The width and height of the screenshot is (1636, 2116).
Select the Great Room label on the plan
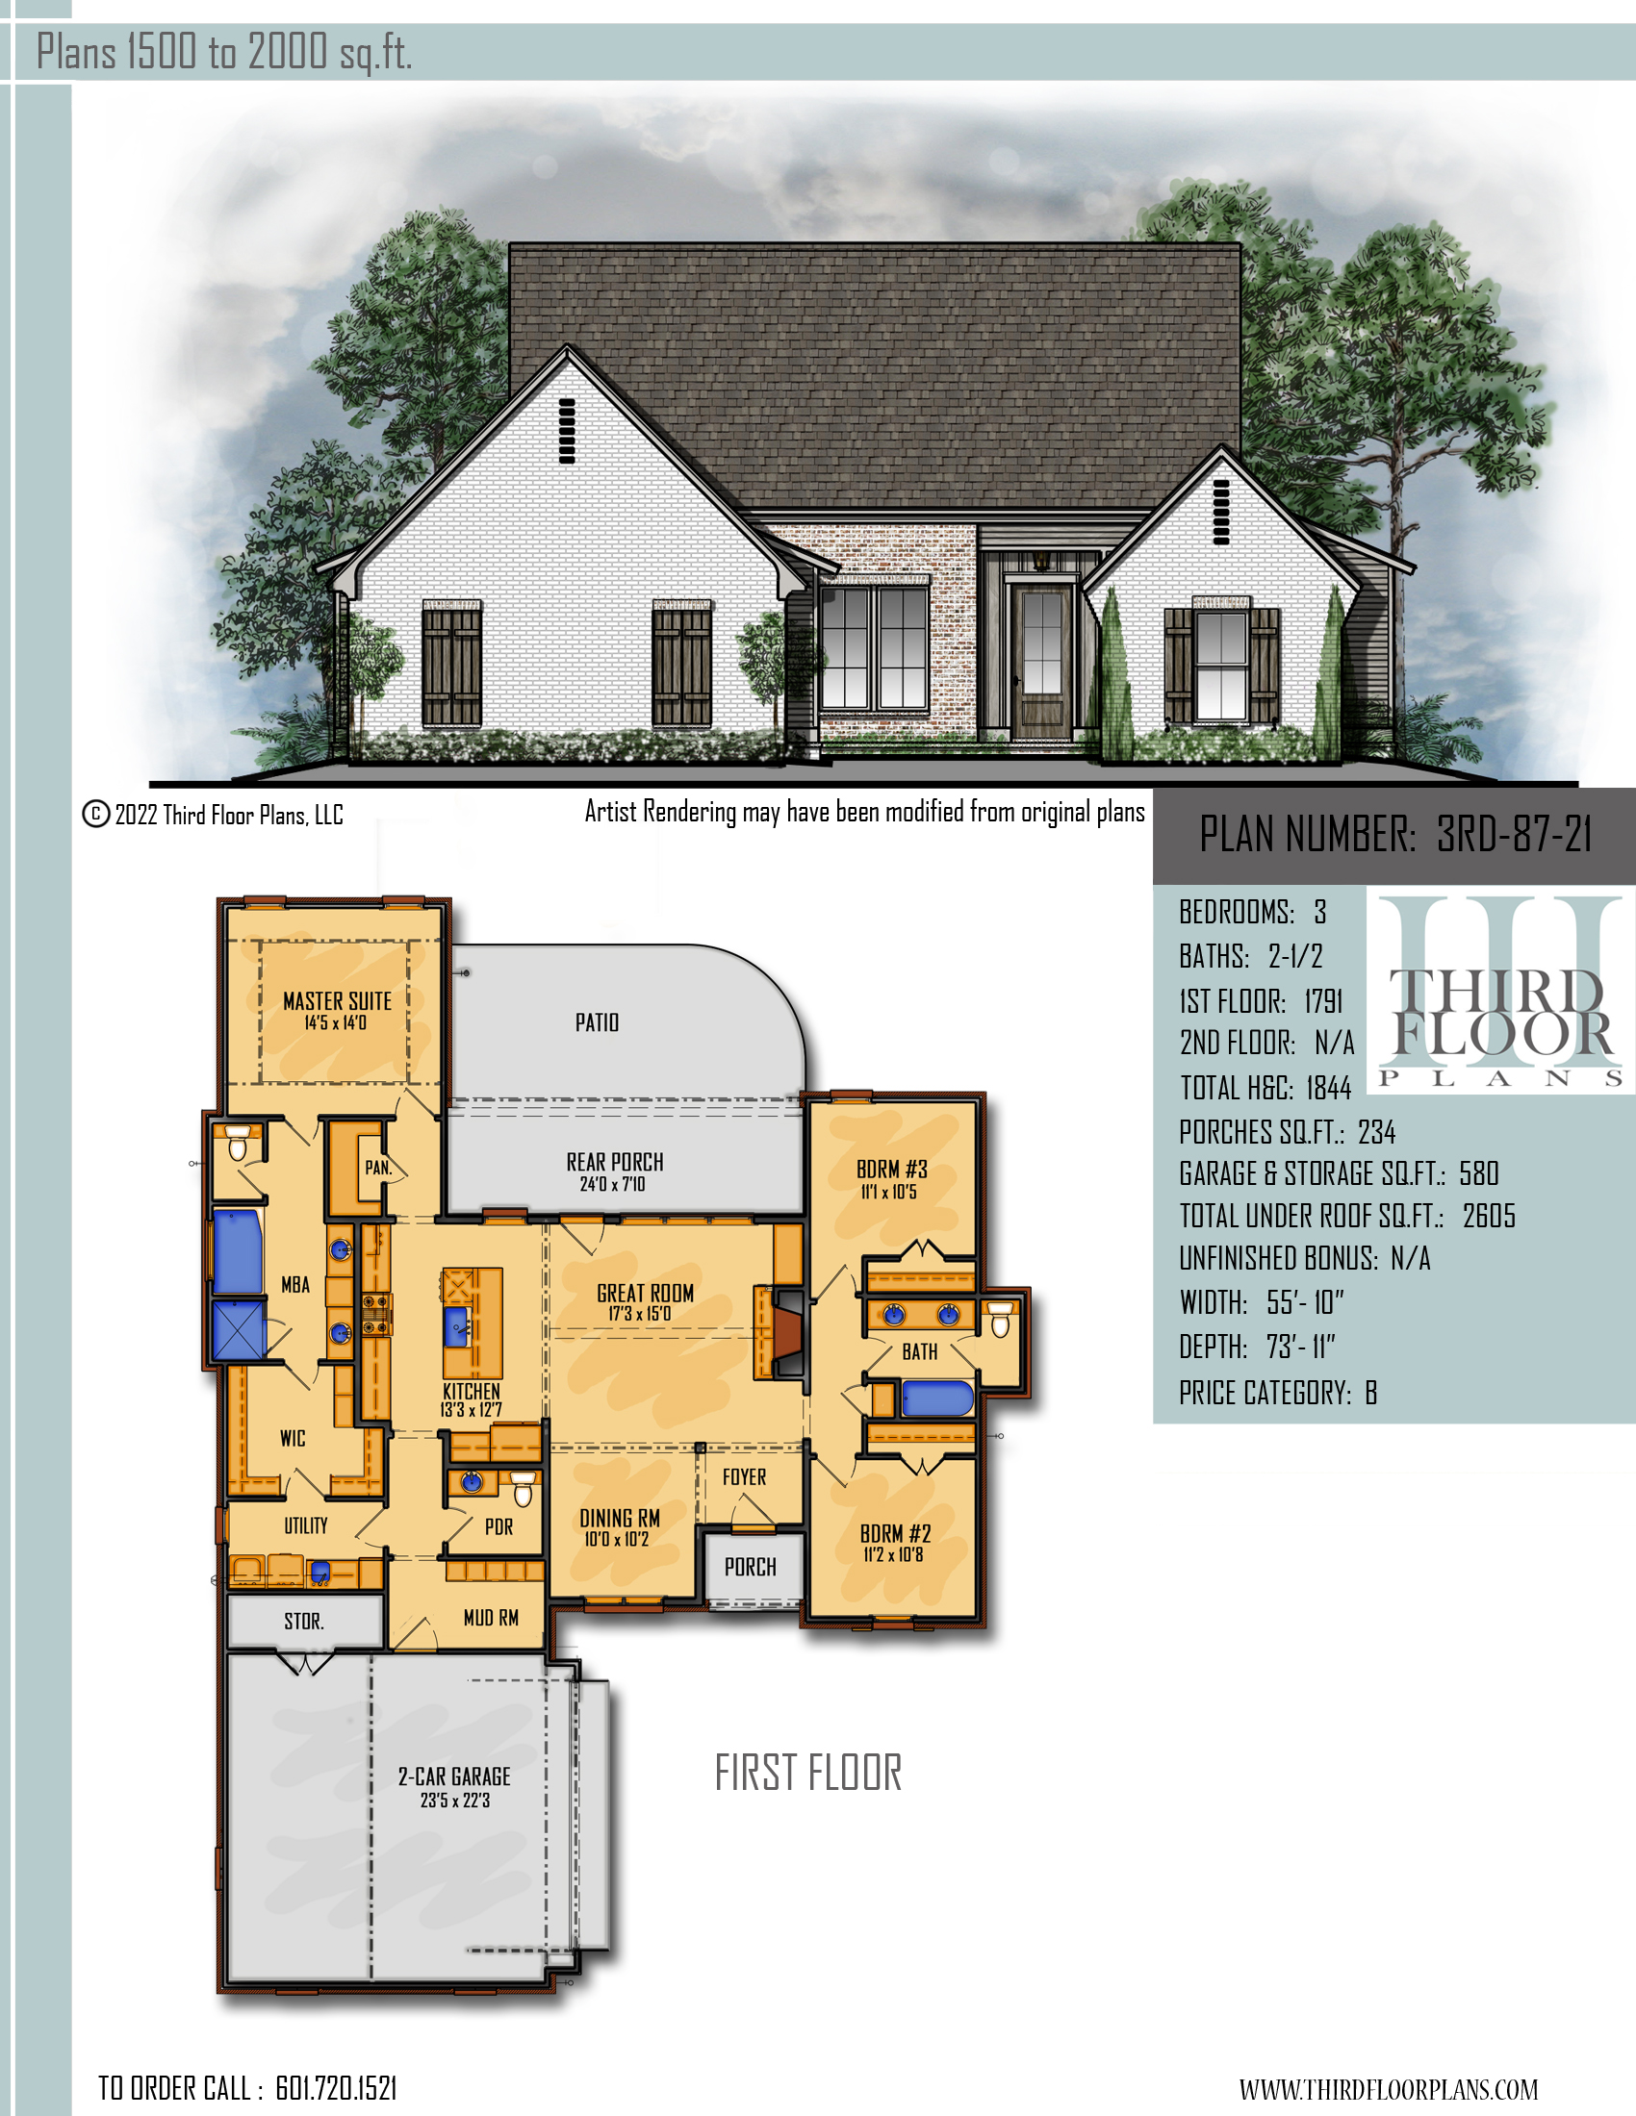pyautogui.click(x=645, y=1302)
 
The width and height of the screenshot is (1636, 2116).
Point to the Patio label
pyautogui.click(x=597, y=1022)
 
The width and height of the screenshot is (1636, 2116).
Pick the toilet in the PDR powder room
pyautogui.click(x=523, y=1489)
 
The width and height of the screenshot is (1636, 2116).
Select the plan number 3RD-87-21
pyautogui.click(x=1514, y=834)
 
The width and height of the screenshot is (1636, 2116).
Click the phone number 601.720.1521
pyautogui.click(x=336, y=2088)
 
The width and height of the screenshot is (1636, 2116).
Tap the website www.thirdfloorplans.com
pyautogui.click(x=1389, y=2089)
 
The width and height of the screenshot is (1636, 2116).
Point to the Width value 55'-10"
pyautogui.click(x=1305, y=1302)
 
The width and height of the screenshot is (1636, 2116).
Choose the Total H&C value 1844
pyautogui.click(x=1328, y=1088)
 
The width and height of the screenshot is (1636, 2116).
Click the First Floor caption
pyautogui.click(x=808, y=1773)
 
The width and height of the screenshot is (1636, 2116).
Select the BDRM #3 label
pyautogui.click(x=892, y=1179)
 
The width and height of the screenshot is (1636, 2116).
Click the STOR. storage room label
pyautogui.click(x=304, y=1621)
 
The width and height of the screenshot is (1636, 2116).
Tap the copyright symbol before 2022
pyautogui.click(x=96, y=814)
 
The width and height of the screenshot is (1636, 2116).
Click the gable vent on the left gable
pyautogui.click(x=566, y=430)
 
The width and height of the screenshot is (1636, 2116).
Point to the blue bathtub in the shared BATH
pyautogui.click(x=936, y=1399)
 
